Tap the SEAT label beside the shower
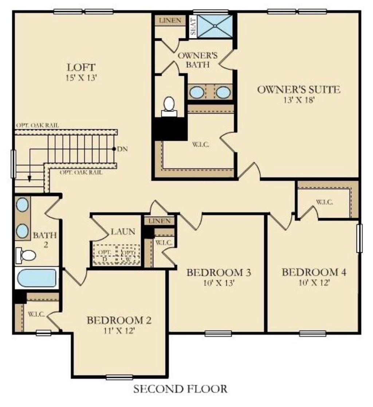pyautogui.click(x=193, y=27)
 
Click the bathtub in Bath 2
pyautogui.click(x=36, y=278)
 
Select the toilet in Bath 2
pyautogui.click(x=26, y=255)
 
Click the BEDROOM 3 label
pyautogui.click(x=219, y=273)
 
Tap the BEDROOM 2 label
pyautogui.click(x=119, y=321)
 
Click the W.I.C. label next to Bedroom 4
pyautogui.click(x=324, y=202)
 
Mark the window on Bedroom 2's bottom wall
pyautogui.click(x=119, y=377)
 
